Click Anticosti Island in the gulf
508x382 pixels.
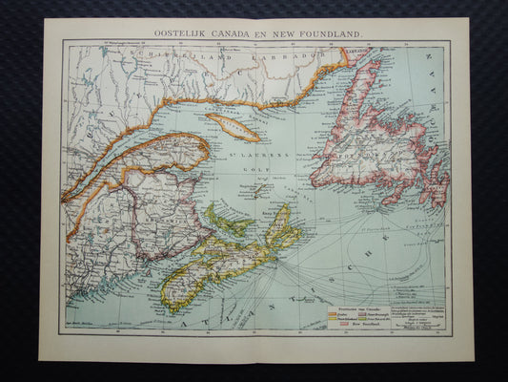(x=233, y=127)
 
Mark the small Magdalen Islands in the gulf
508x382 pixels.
(x=254, y=189)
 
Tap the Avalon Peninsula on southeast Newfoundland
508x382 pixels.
(x=436, y=186)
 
